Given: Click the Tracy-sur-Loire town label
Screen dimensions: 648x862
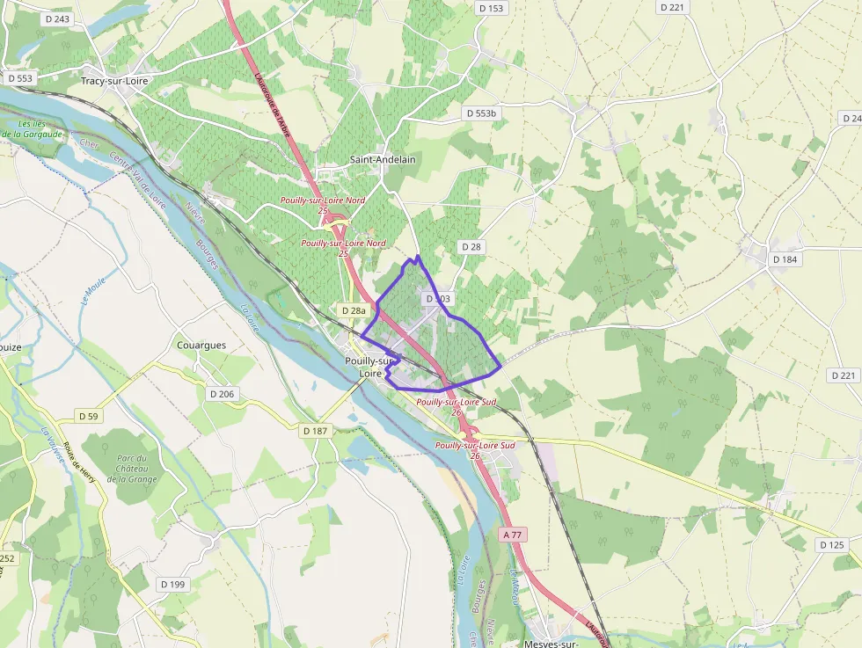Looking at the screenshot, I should click(114, 81).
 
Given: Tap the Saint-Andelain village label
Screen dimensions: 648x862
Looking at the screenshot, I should click(383, 160).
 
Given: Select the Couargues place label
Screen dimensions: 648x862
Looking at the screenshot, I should click(201, 346).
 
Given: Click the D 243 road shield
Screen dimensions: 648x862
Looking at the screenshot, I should click(55, 19).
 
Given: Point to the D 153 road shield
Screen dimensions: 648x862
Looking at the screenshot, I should click(493, 8).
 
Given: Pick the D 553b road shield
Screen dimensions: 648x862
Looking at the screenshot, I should click(481, 113).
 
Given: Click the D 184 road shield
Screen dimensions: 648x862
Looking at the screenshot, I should click(784, 259).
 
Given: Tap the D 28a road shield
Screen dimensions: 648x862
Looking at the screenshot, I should click(353, 310).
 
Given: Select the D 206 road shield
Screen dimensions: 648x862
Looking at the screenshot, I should click(222, 394).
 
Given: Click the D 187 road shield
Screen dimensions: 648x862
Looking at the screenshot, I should click(315, 431).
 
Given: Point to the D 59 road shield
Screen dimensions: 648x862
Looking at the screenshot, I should click(88, 416).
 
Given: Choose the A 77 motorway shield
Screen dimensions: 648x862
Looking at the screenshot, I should click(514, 535).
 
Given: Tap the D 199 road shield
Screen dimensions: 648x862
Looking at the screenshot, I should click(173, 584).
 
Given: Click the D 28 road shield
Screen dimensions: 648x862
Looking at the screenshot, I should click(471, 247).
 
